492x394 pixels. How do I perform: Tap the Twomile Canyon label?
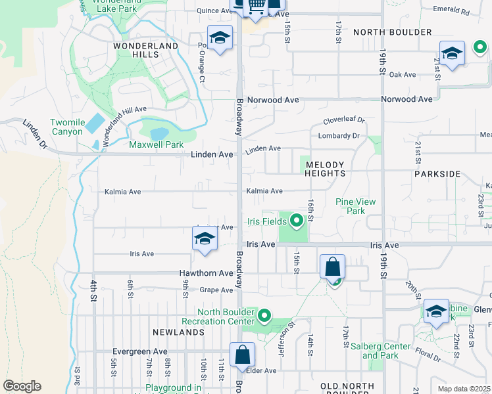tap(66, 127)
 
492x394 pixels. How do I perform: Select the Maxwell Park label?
tap(156, 144)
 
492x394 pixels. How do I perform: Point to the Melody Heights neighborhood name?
tap(325, 169)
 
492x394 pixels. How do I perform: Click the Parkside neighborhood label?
tap(437, 174)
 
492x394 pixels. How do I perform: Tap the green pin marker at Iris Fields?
tap(296, 221)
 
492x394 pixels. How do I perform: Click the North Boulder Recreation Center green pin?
tap(264, 316)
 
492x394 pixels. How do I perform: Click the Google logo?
tap(22, 386)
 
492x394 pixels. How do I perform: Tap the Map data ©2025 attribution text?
tap(463, 389)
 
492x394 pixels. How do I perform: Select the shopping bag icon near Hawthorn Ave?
tap(332, 267)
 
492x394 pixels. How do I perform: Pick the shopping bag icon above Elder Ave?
tap(242, 354)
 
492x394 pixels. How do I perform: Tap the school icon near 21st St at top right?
tap(452, 53)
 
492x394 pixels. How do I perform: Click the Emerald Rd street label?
tap(451, 12)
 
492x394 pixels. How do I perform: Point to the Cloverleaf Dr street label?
tap(343, 121)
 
